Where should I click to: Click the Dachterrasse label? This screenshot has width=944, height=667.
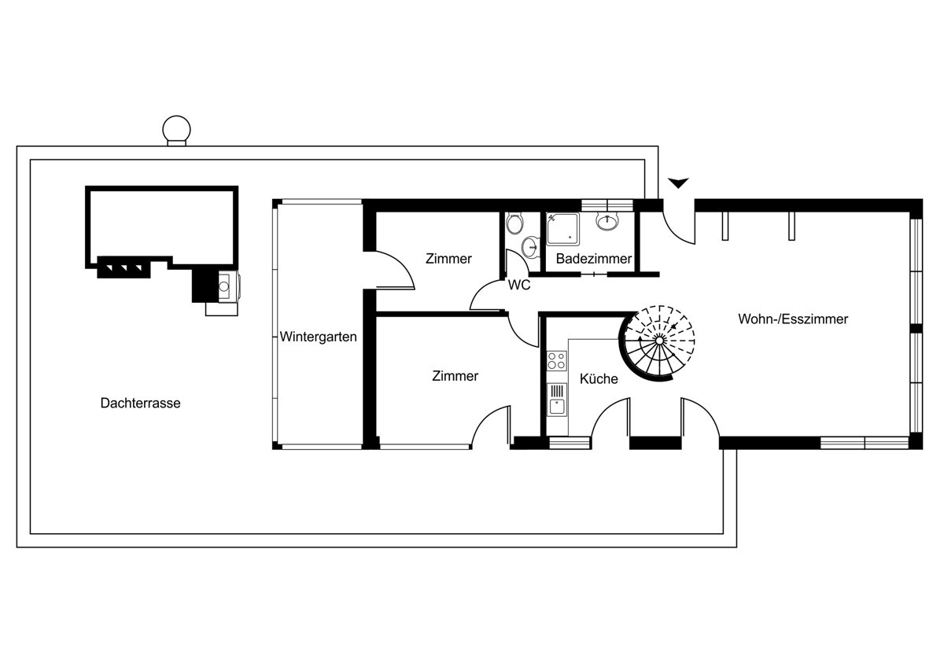tap(140, 403)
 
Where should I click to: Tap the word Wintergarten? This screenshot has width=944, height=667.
tap(318, 337)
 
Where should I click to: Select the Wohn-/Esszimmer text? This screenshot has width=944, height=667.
tap(793, 319)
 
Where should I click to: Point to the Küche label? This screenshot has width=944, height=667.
tap(599, 379)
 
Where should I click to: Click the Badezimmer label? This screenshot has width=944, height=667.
tap(593, 258)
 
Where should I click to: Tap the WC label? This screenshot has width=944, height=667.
tap(518, 285)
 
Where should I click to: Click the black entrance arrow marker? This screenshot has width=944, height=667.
tap(678, 183)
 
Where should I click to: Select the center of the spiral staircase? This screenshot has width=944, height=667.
tap(659, 339)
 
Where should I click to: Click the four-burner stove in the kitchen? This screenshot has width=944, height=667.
tap(557, 360)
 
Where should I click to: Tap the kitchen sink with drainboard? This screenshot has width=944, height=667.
tap(557, 400)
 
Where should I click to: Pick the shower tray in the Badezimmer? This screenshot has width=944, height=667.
tap(563, 229)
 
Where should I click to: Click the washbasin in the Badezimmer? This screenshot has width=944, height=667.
tap(607, 222)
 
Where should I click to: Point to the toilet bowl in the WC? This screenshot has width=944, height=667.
tap(514, 223)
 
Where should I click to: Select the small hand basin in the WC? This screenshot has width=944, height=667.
tap(530, 247)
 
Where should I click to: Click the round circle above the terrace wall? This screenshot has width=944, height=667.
tap(175, 129)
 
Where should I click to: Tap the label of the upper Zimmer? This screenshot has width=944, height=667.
tap(448, 258)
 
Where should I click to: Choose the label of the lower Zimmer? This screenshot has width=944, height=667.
tap(455, 376)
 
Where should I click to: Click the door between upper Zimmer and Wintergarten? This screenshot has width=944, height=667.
tap(393, 269)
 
